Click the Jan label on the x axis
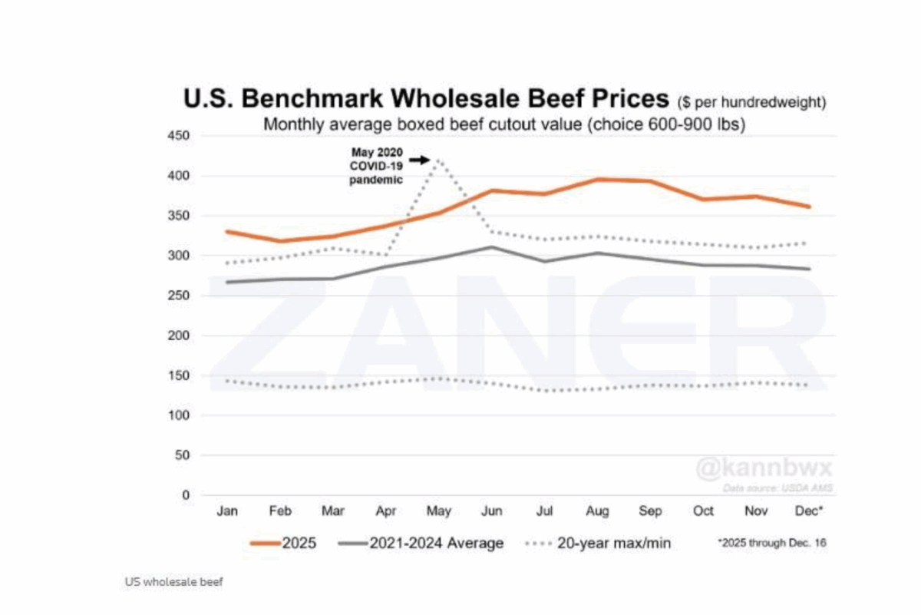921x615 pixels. coord(227,511)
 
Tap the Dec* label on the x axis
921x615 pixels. coord(809,511)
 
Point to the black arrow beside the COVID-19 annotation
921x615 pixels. coord(418,160)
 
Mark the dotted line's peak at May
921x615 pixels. coord(438,160)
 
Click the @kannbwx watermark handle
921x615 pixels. coord(763,468)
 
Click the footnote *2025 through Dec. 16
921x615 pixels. coord(771,544)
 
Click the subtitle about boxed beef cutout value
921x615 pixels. coord(504,124)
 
